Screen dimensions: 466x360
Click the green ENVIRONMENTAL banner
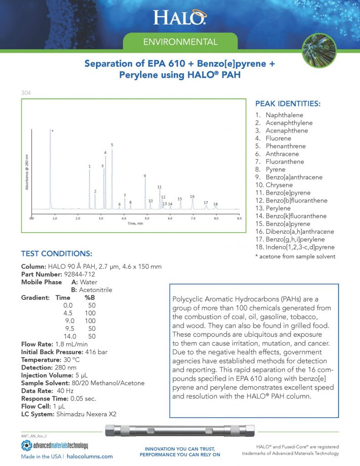click(180, 42)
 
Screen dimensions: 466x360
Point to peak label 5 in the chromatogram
click(112, 145)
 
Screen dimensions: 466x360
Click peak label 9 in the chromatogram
click(145, 176)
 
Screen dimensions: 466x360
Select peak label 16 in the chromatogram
click(192, 197)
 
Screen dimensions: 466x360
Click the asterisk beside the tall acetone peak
click(53, 131)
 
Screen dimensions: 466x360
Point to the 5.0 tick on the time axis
click(147, 219)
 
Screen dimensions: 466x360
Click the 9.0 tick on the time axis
click(239, 219)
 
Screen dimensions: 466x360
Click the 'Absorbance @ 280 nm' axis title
click(27, 172)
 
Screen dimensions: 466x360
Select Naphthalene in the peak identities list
click(284, 115)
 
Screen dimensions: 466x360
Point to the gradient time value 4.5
click(68, 313)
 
